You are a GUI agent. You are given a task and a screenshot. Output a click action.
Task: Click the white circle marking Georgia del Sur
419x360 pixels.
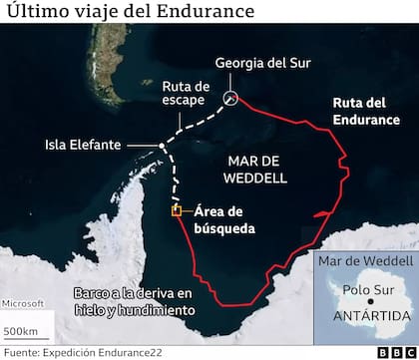click(x=231, y=98)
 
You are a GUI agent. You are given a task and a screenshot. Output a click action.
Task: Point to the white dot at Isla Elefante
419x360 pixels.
click(x=162, y=148)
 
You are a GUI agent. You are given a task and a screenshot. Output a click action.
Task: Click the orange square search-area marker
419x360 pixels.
click(x=177, y=210)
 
